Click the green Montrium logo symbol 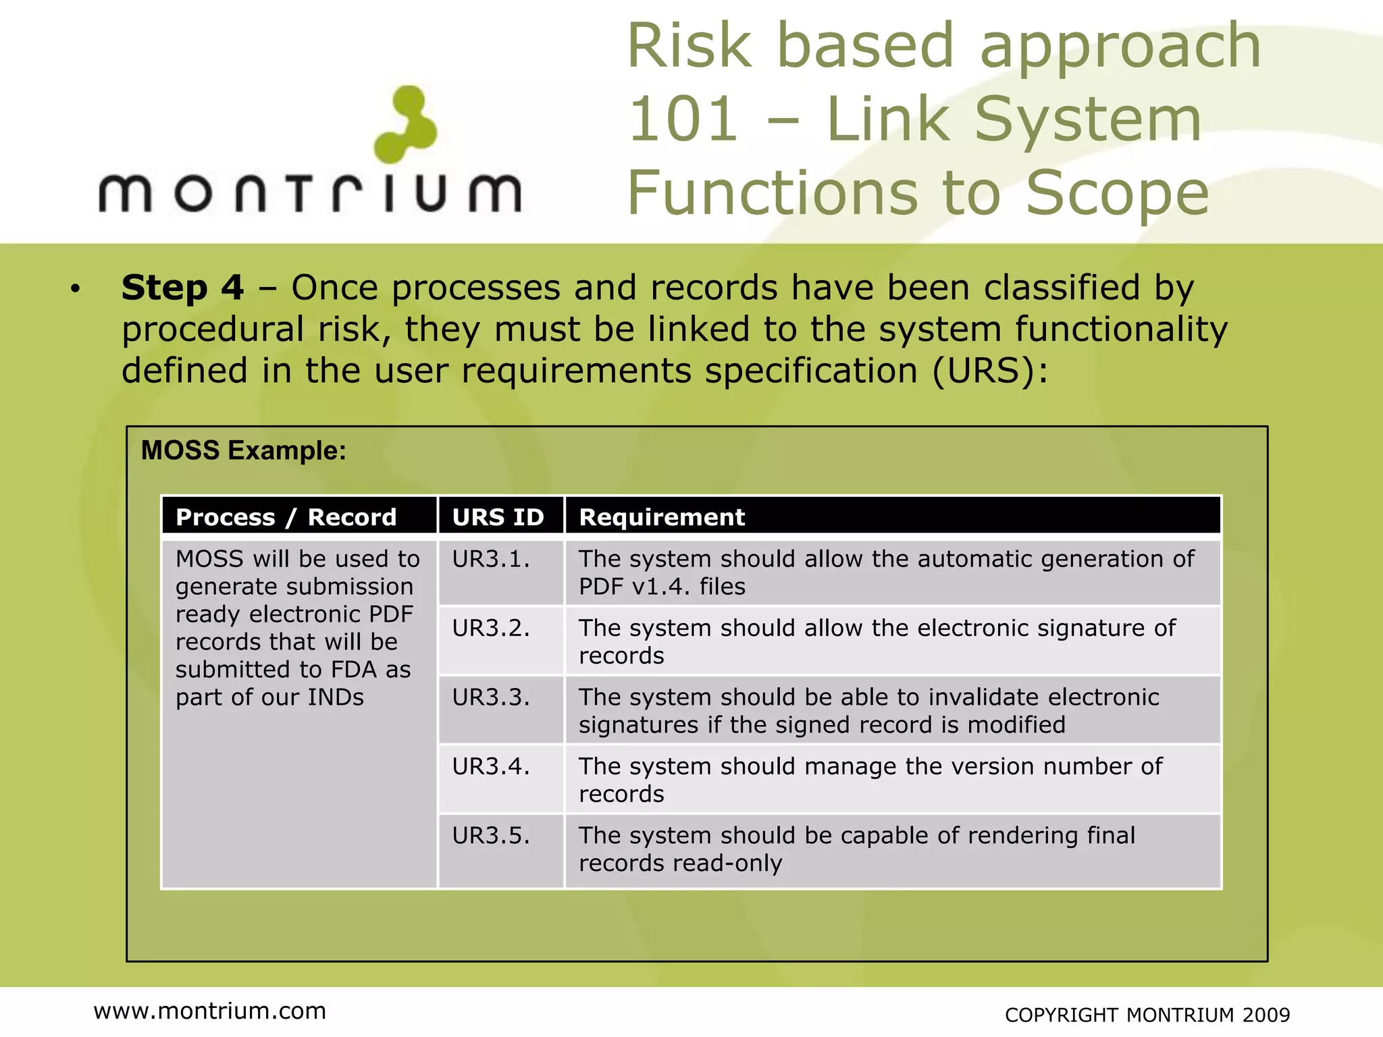pos(405,124)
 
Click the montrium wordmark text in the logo pos(310,194)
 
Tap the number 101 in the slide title pos(683,119)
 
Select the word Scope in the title pos(1117,194)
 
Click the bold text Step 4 pos(182,288)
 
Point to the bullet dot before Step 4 pos(75,290)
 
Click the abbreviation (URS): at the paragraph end pos(990,371)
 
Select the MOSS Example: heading pos(243,450)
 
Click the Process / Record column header pos(286,517)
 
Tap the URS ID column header pos(498,517)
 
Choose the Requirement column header pos(662,517)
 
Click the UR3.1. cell pos(491,559)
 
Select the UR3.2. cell pos(491,629)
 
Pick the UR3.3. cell pos(491,697)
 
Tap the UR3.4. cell pos(491,767)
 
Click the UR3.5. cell pos(491,836)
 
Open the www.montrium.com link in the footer pos(210,1011)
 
